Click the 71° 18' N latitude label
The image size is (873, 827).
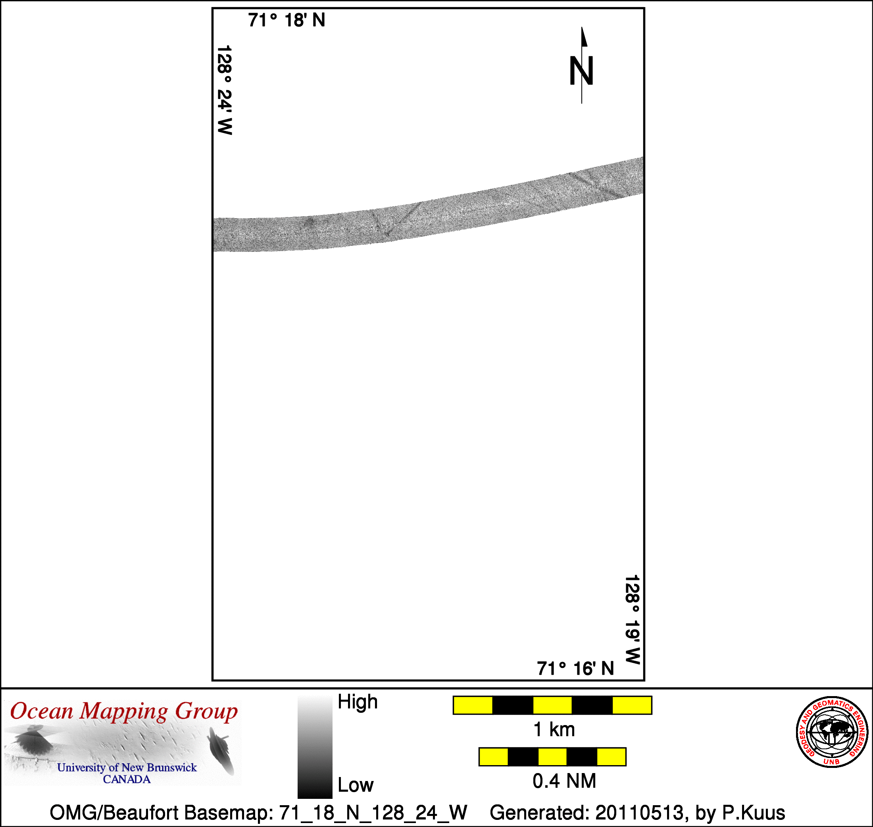coord(287,20)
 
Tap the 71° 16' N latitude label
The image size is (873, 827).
coord(575,668)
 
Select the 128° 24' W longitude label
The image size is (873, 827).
coord(225,90)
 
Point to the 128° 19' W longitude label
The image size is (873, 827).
coord(632,620)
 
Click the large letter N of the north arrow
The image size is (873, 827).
coord(582,71)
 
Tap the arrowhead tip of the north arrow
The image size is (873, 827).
coord(582,27)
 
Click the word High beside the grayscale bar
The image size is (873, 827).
coord(358,702)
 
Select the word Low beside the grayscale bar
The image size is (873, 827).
coord(356,785)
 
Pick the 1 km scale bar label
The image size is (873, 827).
coord(554,729)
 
